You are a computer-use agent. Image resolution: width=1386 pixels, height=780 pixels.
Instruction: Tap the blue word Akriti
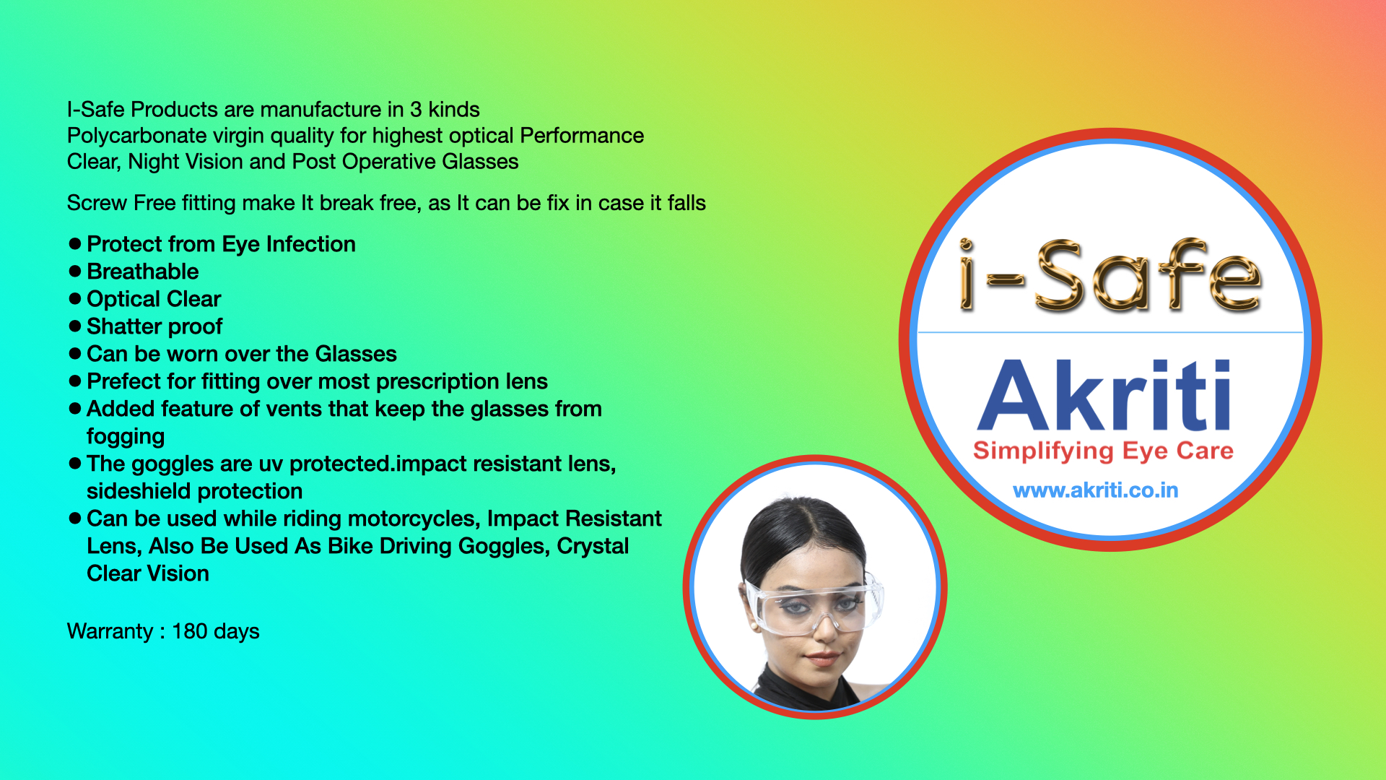pyautogui.click(x=1104, y=395)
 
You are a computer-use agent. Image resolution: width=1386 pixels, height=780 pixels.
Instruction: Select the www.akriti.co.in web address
pyautogui.click(x=1096, y=490)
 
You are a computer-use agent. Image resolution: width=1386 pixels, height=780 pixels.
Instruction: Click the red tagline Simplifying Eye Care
pyautogui.click(x=1103, y=451)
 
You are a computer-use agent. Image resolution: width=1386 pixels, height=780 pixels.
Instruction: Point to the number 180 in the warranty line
pyautogui.click(x=190, y=631)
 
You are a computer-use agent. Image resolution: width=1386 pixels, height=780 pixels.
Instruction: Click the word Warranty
pyautogui.click(x=110, y=632)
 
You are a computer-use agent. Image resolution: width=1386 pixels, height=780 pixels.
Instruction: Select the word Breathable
pyautogui.click(x=143, y=272)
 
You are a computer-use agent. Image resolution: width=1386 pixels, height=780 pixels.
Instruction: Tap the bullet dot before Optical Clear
pyautogui.click(x=74, y=298)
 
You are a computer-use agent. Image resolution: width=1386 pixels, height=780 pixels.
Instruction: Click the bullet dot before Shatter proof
pyautogui.click(x=74, y=326)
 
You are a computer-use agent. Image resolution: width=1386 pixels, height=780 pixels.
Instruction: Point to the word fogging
pyautogui.click(x=126, y=437)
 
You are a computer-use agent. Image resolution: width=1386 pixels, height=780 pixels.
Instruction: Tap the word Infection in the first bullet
pyautogui.click(x=311, y=244)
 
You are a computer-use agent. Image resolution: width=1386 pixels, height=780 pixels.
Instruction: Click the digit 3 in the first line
pyautogui.click(x=416, y=110)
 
